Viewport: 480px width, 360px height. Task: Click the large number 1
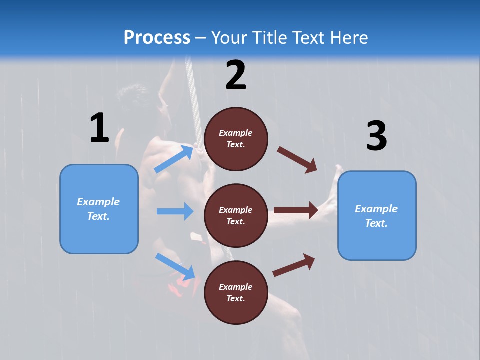(x=99, y=128)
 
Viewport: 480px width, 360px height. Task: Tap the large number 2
(x=236, y=75)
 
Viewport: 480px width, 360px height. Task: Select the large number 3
(x=376, y=136)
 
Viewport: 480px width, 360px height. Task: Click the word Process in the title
(x=157, y=37)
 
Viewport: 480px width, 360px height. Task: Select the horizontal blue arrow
(x=175, y=211)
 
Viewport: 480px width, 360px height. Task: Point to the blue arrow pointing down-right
(x=175, y=266)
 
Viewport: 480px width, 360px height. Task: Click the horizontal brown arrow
(x=296, y=210)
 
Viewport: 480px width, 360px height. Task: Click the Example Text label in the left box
(x=98, y=209)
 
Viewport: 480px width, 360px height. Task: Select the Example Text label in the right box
(x=376, y=216)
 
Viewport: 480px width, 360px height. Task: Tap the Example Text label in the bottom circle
(x=236, y=292)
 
